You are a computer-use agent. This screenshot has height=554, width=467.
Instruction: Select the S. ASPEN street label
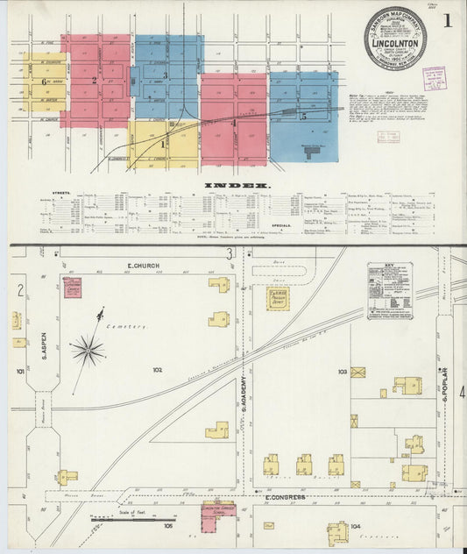[42, 342]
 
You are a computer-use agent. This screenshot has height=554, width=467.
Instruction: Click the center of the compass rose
[88, 351]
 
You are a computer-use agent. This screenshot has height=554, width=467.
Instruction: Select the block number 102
[158, 370]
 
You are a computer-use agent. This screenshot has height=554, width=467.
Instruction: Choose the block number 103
[343, 372]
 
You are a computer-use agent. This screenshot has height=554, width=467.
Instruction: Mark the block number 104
[355, 526]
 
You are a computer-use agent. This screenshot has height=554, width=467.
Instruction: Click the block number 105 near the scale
[167, 527]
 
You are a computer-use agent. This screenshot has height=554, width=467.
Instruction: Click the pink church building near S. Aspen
[72, 288]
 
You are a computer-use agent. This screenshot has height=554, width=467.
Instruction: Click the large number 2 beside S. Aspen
[19, 290]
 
